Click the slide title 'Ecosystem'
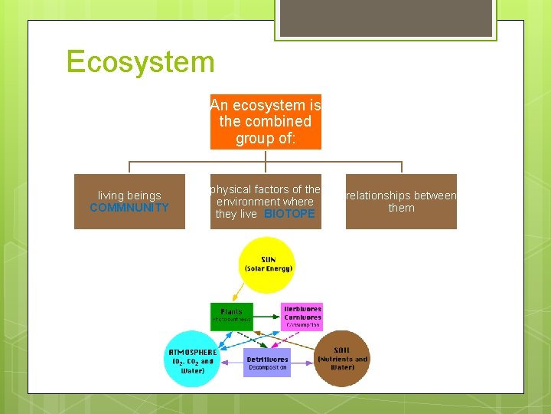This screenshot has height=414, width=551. (140, 61)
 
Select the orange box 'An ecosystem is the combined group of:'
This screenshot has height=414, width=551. (266, 121)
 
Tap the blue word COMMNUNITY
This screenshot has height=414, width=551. (129, 208)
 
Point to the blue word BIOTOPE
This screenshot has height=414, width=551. (289, 214)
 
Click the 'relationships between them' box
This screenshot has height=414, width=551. (401, 202)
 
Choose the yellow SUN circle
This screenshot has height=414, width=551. (267, 265)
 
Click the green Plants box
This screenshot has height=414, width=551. (231, 315)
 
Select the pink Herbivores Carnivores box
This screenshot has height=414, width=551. (302, 315)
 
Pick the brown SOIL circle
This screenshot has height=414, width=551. (342, 358)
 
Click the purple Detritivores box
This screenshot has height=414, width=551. (268, 363)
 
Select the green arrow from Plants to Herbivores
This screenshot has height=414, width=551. (266, 314)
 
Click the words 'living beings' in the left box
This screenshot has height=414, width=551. (129, 195)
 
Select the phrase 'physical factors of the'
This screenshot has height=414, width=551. (266, 189)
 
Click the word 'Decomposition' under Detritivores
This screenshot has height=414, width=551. (268, 368)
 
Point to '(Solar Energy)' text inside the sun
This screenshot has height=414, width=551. (268, 268)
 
